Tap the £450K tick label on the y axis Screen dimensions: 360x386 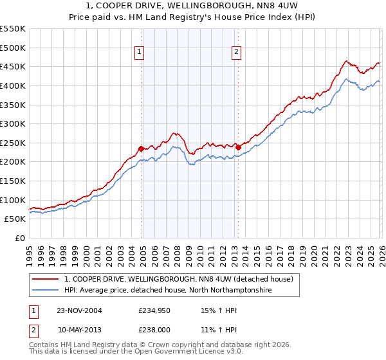coord(13,66)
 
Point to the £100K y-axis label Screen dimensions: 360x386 coord(13,200)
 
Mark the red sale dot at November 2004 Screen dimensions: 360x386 coord(142,148)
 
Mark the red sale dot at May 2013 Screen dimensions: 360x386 coord(238,147)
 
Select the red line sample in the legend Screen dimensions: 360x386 coord(45,279)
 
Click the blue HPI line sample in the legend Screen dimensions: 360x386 coord(45,291)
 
